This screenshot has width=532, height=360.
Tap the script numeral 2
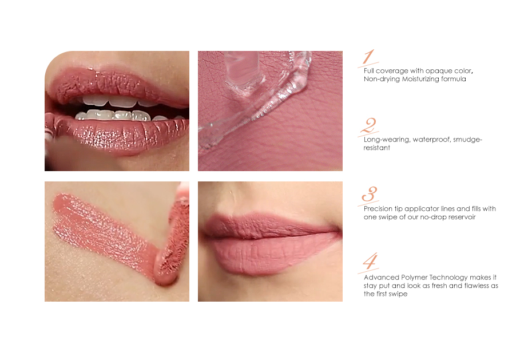coord(369,125)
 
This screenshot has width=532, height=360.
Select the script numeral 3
coord(369,194)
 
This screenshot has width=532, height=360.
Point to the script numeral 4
coord(370,262)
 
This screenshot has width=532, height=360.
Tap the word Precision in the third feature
coord(378,209)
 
